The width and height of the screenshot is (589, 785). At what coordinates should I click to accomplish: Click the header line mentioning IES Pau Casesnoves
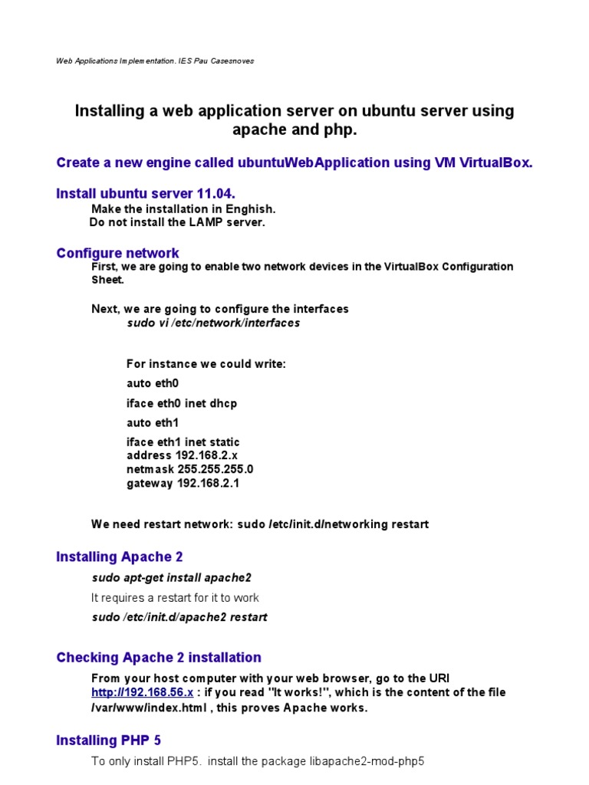(x=154, y=61)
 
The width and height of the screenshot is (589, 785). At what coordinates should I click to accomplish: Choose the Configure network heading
(x=117, y=253)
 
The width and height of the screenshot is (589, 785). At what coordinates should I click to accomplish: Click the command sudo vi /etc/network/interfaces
(x=213, y=323)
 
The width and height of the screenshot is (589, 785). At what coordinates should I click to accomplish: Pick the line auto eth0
(x=153, y=383)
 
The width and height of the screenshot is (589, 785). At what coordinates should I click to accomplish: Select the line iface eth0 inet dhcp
(x=182, y=403)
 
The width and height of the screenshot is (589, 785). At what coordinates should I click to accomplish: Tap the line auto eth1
(x=153, y=422)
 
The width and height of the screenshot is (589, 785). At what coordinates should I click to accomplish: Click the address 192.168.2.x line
(x=182, y=455)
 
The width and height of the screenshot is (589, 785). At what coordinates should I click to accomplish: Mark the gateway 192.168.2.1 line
(x=183, y=483)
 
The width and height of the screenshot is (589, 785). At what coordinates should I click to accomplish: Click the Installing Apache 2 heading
(x=119, y=557)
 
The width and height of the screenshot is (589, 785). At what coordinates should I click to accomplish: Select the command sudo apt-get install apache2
(x=171, y=577)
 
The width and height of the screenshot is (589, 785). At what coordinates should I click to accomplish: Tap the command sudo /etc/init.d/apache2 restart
(x=179, y=617)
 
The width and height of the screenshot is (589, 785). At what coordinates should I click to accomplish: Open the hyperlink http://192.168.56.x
(x=142, y=692)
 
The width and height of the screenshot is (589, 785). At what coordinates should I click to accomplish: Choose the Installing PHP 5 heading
(x=108, y=740)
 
